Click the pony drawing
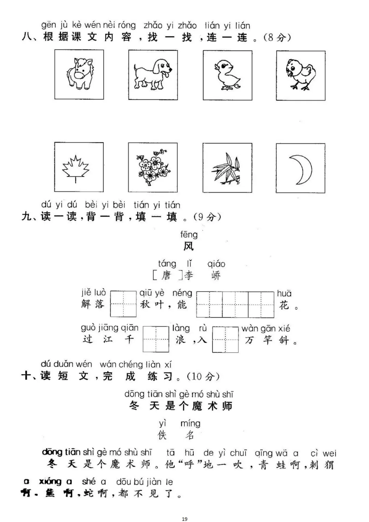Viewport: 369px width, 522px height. pyautogui.click(x=79, y=74)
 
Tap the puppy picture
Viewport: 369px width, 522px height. pyautogui.click(x=153, y=75)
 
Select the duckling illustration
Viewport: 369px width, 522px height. pyautogui.click(x=227, y=75)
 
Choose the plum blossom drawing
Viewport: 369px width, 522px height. pyautogui.click(x=153, y=168)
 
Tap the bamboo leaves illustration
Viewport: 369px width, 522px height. pyautogui.click(x=227, y=168)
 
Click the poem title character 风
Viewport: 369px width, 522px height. pyautogui.click(x=189, y=246)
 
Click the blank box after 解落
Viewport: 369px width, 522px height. pyautogui.click(x=123, y=304)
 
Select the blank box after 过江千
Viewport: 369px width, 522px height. pyautogui.click(x=156, y=339)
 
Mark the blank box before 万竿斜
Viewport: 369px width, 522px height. pyautogui.click(x=225, y=339)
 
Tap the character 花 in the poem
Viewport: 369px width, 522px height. pyautogui.click(x=284, y=305)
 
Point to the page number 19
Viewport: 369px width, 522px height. pyautogui.click(x=184, y=519)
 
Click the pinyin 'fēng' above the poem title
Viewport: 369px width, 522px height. pyautogui.click(x=189, y=235)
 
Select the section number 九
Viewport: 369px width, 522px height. pyautogui.click(x=27, y=216)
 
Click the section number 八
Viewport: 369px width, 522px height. pyautogui.click(x=27, y=37)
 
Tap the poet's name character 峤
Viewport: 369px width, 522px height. pyautogui.click(x=216, y=276)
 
